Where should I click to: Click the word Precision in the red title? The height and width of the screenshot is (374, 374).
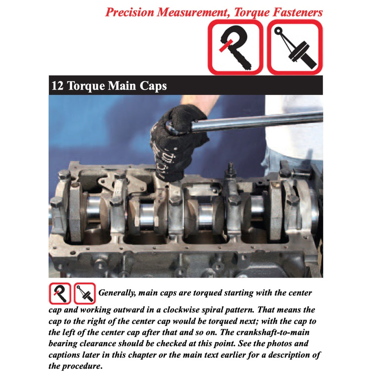(x=130, y=12)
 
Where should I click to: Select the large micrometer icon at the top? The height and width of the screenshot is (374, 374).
(x=236, y=47)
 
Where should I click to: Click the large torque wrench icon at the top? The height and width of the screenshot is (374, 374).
(x=295, y=47)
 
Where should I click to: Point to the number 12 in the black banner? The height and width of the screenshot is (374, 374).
(x=57, y=86)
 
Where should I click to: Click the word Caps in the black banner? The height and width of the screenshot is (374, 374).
(x=153, y=86)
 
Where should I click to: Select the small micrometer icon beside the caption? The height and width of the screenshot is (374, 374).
(x=60, y=294)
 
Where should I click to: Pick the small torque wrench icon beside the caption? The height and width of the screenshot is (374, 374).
(x=85, y=294)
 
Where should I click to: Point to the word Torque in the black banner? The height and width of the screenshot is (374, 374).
(x=86, y=86)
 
